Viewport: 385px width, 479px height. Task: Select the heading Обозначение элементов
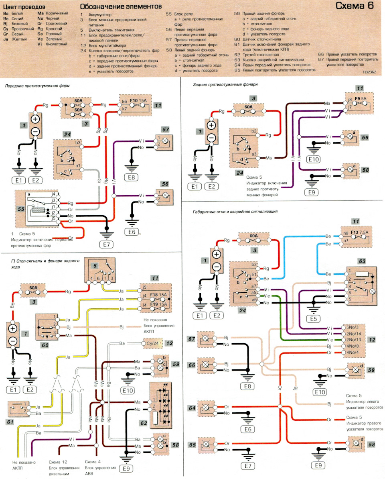pos(121,7)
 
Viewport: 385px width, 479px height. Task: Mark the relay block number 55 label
pos(21,209)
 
